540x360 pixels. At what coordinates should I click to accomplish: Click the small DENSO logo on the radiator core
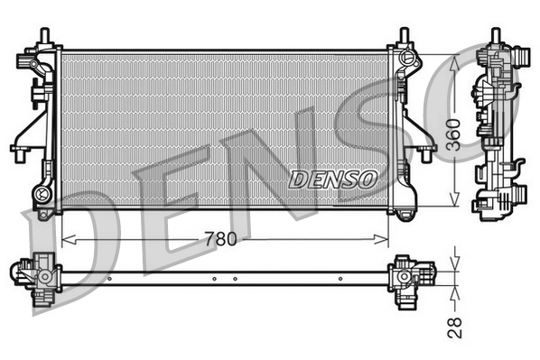[x=332, y=179]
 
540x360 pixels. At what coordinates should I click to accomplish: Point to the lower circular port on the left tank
[x=41, y=192]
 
